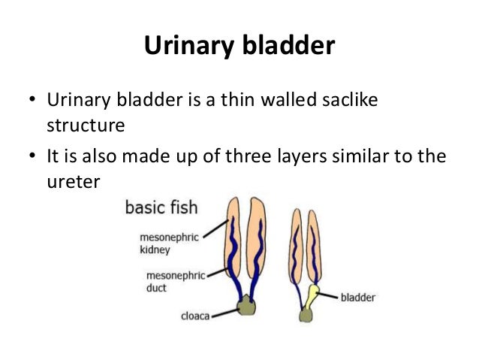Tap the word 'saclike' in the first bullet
pos(345,100)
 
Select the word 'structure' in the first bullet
pos(85,125)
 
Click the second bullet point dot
pos(32,158)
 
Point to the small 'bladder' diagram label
pos(358,297)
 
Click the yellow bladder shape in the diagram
pos(309,297)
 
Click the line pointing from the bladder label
pos(330,295)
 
